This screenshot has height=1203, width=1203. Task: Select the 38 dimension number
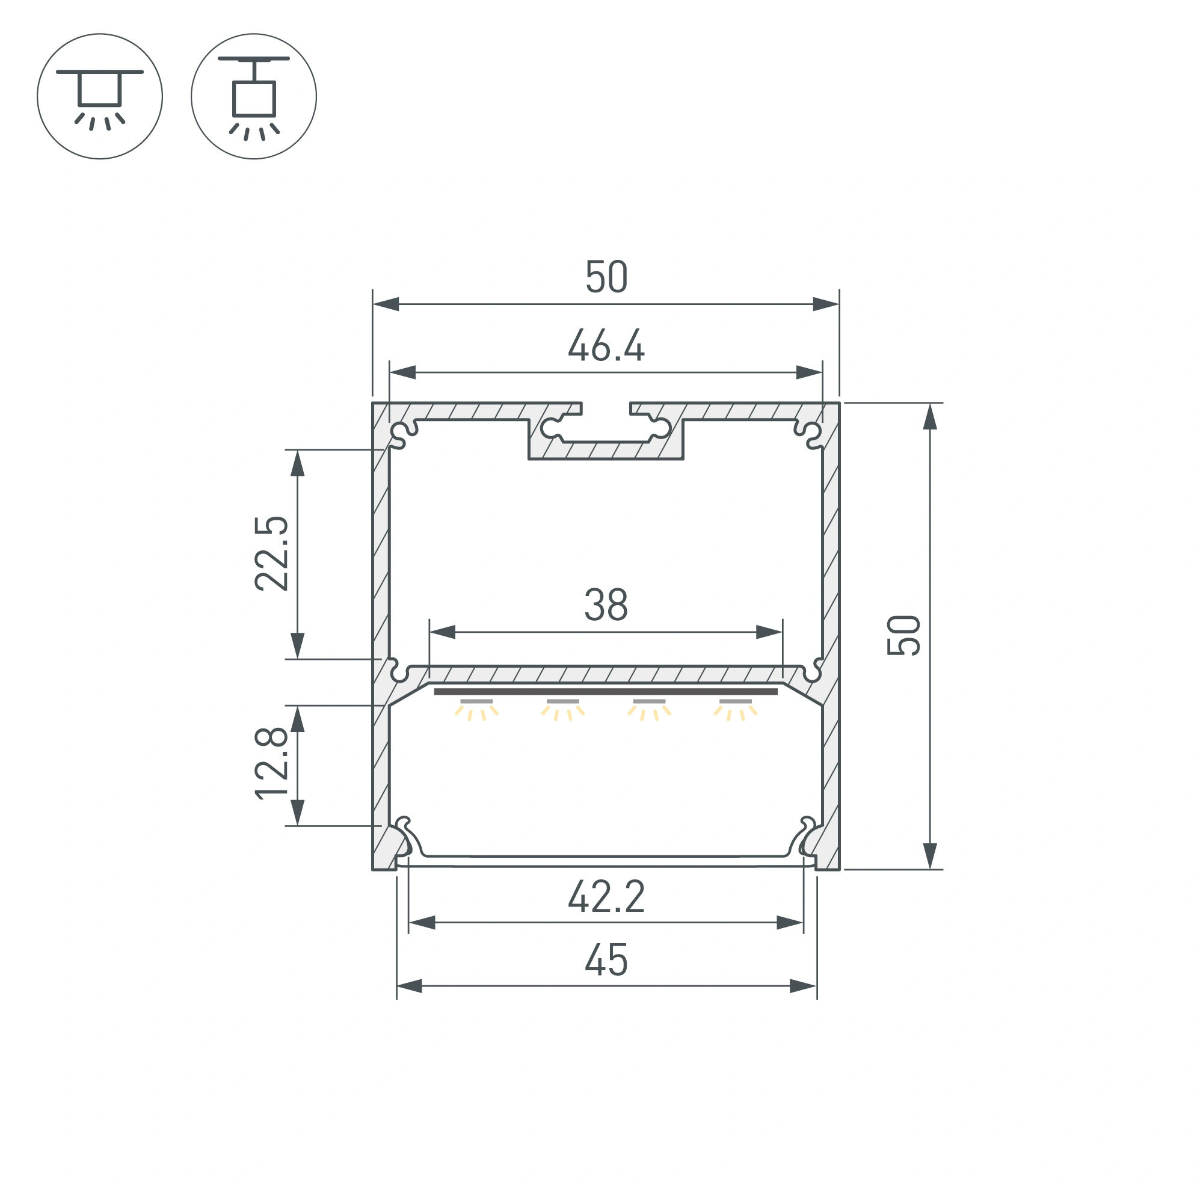(606, 605)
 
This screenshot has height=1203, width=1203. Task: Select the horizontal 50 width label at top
(606, 277)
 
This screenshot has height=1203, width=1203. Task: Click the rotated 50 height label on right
(903, 635)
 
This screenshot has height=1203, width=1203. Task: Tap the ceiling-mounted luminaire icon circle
(100, 96)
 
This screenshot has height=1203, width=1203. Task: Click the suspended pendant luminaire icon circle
(254, 96)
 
